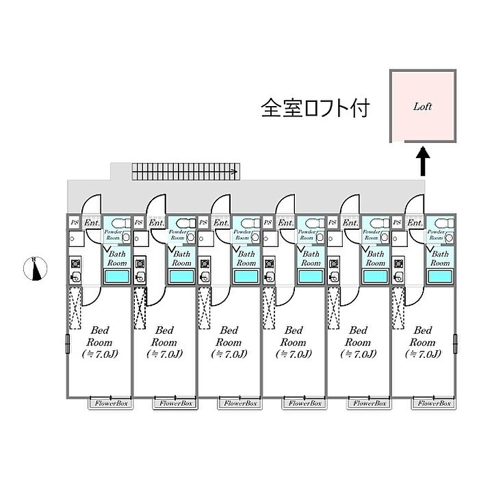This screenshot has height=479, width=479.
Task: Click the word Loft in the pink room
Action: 422,107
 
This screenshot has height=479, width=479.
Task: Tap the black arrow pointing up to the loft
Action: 423,161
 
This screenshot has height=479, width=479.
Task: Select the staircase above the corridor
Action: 185,170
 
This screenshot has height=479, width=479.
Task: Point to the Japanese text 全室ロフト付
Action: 315,108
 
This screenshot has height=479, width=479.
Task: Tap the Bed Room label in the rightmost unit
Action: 424,335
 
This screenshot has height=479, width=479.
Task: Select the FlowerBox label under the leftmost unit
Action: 109,404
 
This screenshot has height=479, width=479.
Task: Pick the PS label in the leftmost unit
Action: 74,223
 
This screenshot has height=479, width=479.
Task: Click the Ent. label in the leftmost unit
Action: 92,223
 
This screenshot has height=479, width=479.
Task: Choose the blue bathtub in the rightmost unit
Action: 439,276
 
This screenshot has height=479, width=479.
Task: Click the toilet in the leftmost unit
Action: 122,222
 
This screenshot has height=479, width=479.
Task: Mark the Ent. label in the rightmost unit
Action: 415,223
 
